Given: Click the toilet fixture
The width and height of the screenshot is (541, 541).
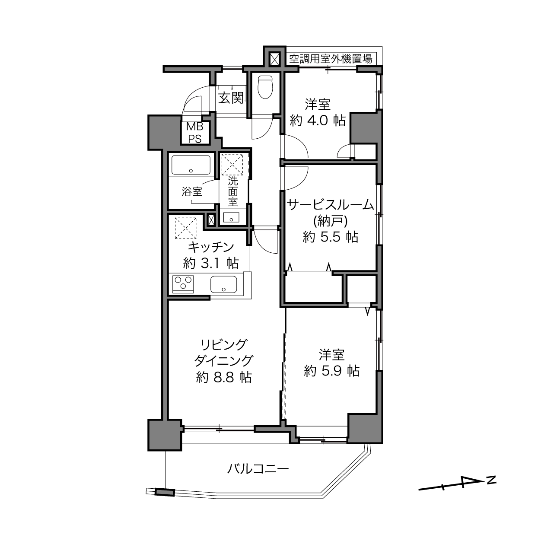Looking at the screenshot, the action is click(x=265, y=87).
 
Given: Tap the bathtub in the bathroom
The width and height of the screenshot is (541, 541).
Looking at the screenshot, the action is click(x=191, y=165).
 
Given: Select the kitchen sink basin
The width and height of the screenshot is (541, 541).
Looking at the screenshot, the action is click(x=224, y=284).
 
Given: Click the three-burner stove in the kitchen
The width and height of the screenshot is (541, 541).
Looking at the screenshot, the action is click(x=183, y=284).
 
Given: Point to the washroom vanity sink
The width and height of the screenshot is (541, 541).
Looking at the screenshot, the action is click(x=231, y=218).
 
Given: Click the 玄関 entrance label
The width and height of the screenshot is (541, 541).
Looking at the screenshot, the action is click(x=231, y=98).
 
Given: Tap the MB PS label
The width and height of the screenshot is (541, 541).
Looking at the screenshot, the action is click(x=195, y=133).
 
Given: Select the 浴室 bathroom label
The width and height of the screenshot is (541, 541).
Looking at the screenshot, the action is click(x=192, y=192).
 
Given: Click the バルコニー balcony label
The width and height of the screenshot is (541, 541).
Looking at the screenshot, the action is click(x=258, y=469).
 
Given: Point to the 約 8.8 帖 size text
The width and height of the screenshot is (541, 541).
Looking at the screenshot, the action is click(x=224, y=378).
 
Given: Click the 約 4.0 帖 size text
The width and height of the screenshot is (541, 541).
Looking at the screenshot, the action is click(x=317, y=121).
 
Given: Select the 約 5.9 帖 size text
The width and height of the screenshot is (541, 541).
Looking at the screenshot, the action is click(x=331, y=371).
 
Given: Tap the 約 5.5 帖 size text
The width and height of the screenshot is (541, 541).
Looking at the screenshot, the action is click(x=331, y=237).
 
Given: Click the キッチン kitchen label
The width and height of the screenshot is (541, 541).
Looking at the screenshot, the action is click(x=211, y=247).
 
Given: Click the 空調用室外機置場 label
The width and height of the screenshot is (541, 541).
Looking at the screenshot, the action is click(x=331, y=59).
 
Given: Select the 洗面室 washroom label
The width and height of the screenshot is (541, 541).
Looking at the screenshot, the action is click(x=233, y=191).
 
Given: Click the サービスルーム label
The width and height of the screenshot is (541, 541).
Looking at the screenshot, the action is click(x=331, y=205).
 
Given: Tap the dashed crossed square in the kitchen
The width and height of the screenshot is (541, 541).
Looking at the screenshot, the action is click(x=186, y=228).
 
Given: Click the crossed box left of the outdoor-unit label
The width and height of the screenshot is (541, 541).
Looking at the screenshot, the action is click(x=274, y=59).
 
